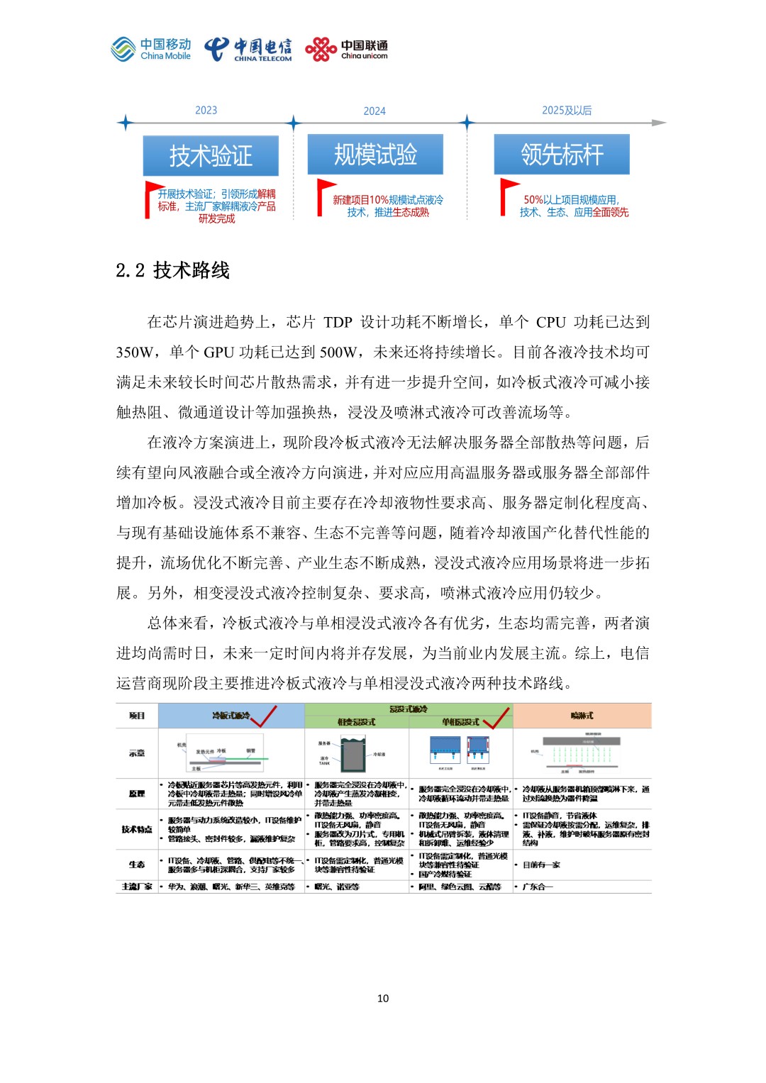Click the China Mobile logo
click(151, 50)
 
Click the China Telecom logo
click(248, 50)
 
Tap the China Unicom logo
click(346, 50)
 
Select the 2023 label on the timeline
click(206, 110)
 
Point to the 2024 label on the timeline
click(374, 111)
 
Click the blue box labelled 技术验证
click(211, 155)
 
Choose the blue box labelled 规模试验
click(375, 154)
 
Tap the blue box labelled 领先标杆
click(562, 154)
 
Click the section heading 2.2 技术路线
click(173, 270)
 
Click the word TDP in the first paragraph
click(338, 323)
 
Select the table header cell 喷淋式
click(582, 716)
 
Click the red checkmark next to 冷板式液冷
click(264, 716)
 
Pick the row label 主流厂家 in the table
click(137, 887)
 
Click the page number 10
click(383, 998)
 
